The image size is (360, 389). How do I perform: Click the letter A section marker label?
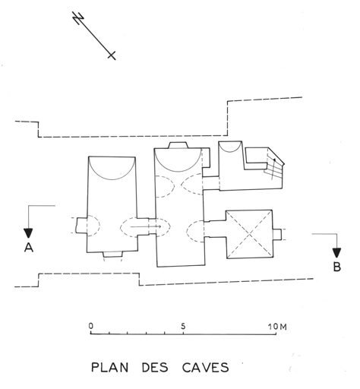tap(29, 247)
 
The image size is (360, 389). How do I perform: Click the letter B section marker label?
tap(336, 267)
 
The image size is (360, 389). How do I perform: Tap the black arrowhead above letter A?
tap(28, 233)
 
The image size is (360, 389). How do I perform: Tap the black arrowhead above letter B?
tap(336, 253)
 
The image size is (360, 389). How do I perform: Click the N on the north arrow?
tap(78, 18)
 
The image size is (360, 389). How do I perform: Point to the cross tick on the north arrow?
tap(112, 55)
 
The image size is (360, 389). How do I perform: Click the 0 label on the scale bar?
tap(91, 326)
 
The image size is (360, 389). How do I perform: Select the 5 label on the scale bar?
tap(183, 327)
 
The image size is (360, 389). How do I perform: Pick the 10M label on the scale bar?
tap(277, 327)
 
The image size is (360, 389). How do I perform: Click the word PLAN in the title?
tap(109, 368)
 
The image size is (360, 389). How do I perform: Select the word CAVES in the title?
tap(205, 368)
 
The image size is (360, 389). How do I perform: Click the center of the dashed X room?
tap(250, 234)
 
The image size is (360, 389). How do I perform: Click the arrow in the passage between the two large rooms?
tap(146, 226)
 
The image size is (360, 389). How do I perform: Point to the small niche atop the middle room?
tap(178, 145)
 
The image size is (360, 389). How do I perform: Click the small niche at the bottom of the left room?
tap(113, 255)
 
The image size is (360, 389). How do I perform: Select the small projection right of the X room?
tap(277, 234)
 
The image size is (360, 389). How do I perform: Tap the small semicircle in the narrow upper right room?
tap(230, 150)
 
